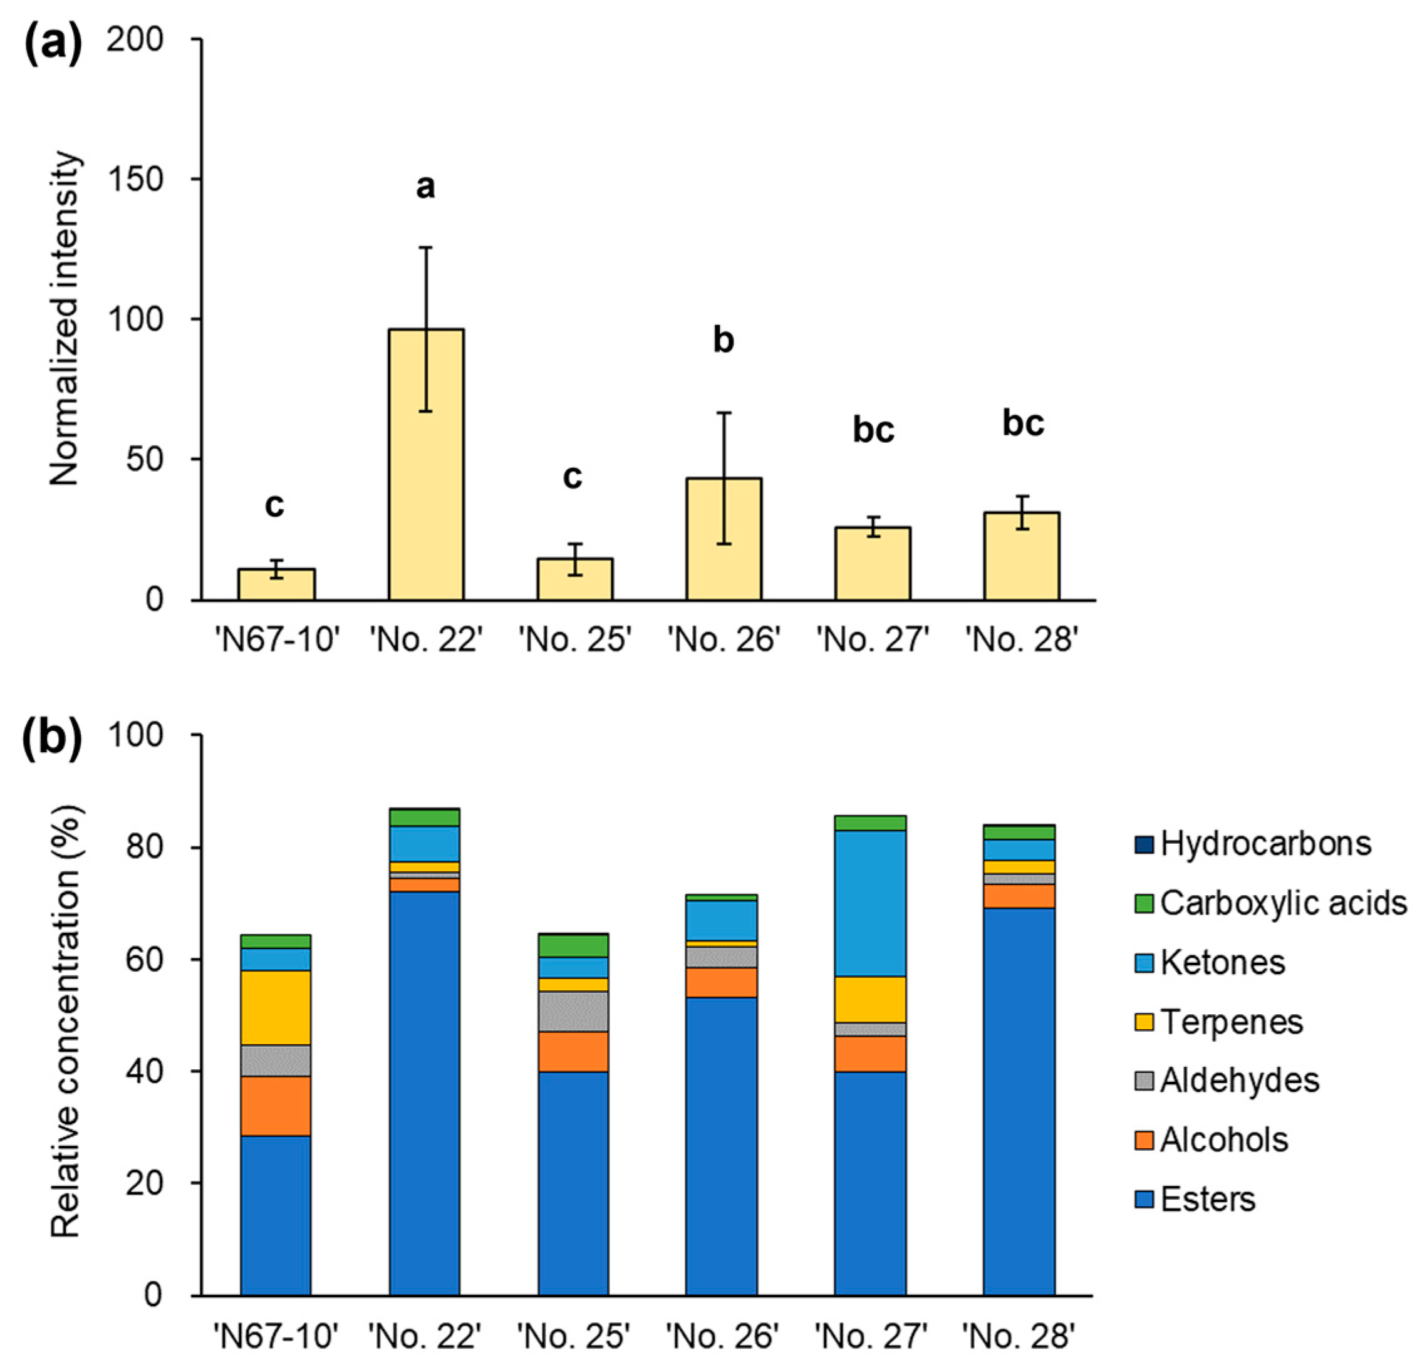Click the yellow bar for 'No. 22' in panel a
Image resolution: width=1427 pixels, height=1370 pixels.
(x=426, y=466)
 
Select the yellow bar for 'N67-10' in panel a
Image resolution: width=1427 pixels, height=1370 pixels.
(x=277, y=585)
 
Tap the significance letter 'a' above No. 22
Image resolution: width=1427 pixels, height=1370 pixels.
(x=426, y=188)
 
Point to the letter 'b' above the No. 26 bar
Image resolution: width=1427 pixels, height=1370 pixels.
(x=723, y=341)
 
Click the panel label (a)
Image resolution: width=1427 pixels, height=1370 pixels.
(x=53, y=45)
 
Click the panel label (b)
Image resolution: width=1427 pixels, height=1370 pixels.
(x=53, y=740)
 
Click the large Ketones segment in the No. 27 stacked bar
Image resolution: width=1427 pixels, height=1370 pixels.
(x=871, y=903)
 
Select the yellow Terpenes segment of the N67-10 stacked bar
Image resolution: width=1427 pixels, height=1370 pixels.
(x=276, y=1008)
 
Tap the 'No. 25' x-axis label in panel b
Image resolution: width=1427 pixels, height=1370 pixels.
(x=574, y=1336)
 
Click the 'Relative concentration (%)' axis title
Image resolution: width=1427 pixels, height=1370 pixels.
(x=66, y=1019)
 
